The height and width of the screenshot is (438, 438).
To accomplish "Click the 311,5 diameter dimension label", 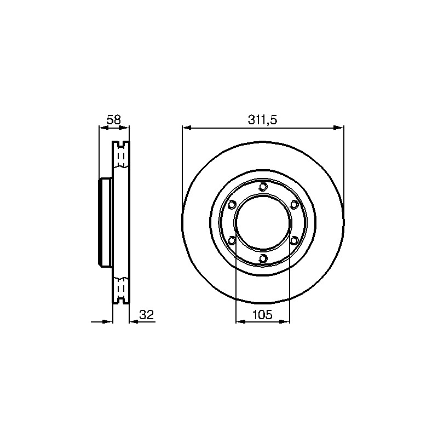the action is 262,120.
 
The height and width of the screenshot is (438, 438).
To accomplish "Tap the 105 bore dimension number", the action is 262,315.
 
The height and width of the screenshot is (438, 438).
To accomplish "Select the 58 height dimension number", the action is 114,120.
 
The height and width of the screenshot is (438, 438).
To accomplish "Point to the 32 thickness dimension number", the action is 147,315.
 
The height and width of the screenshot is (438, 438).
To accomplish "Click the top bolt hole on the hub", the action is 263,186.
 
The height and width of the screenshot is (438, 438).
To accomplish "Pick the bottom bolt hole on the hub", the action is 263,258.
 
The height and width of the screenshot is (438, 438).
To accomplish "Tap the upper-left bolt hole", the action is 232,204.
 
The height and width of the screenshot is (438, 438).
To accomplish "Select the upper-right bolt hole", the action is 294,204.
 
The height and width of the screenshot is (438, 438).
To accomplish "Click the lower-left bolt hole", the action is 232,240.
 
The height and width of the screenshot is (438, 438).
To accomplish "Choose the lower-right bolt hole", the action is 294,240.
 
